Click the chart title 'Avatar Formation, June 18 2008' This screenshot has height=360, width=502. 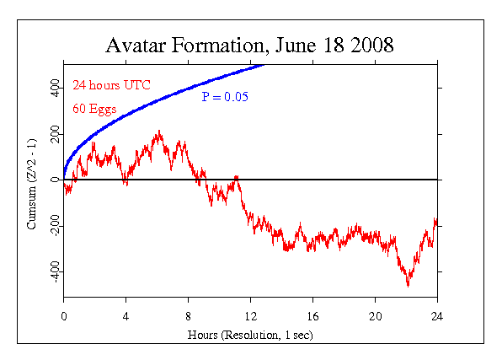pyautogui.click(x=249, y=46)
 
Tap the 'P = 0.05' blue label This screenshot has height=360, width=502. pyautogui.click(x=223, y=97)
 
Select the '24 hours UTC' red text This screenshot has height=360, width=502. pyautogui.click(x=105, y=85)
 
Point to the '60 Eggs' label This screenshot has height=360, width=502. pyautogui.click(x=93, y=109)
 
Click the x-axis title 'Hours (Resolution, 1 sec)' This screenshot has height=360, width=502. pyautogui.click(x=250, y=336)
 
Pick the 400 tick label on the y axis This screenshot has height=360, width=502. pyautogui.click(x=52, y=89)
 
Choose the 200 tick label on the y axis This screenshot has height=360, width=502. pyautogui.click(x=52, y=135)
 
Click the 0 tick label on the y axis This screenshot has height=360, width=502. pyautogui.click(x=52, y=180)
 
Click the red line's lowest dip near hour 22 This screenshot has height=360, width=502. pyautogui.click(x=408, y=285)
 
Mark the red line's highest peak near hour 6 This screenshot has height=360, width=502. pyautogui.click(x=158, y=132)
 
